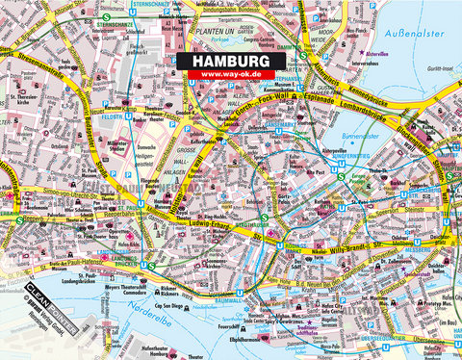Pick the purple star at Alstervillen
[x=358, y=57]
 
